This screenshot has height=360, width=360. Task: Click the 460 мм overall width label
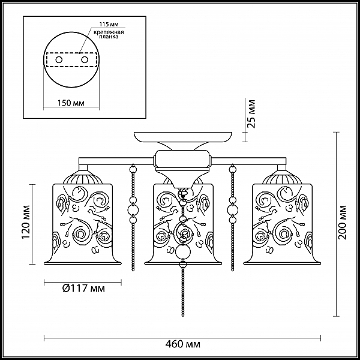[182, 344]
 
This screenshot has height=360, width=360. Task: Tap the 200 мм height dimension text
[343, 222]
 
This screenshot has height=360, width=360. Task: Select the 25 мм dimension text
[251, 113]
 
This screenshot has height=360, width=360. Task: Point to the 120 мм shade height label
[26, 221]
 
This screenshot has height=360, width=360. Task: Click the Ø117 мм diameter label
[83, 288]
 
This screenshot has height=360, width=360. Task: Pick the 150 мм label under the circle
[71, 103]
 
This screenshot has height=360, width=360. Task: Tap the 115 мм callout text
[109, 25]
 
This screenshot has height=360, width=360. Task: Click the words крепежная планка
[109, 34]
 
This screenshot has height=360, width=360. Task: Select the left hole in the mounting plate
[59, 60]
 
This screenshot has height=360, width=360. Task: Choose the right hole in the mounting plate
[85, 60]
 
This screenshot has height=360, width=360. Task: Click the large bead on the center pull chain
[183, 252]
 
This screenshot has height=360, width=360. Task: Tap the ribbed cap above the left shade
[82, 178]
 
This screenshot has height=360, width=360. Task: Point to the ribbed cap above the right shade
[282, 178]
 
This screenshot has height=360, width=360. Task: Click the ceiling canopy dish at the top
[183, 137]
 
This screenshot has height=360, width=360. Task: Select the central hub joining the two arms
[182, 158]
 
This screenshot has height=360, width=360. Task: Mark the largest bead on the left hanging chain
[133, 209]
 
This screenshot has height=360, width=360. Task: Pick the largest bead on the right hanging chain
[233, 209]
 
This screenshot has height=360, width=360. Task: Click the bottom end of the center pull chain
[183, 316]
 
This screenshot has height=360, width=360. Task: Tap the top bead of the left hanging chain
[133, 169]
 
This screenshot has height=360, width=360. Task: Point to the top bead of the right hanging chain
[233, 169]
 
